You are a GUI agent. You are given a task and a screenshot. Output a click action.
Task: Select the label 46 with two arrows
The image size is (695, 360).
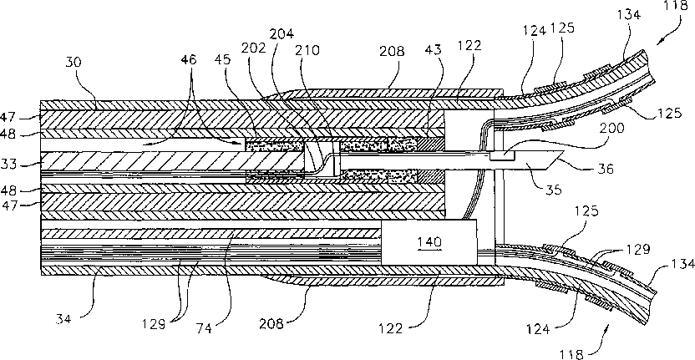(191, 59)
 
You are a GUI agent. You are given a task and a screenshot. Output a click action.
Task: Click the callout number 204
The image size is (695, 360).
(285, 35)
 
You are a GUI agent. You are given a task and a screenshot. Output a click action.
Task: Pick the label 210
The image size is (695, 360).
(310, 49)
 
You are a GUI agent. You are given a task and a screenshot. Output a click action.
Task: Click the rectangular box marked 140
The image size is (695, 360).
(429, 242)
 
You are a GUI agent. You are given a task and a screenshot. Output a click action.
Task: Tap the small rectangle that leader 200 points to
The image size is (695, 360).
(502, 155)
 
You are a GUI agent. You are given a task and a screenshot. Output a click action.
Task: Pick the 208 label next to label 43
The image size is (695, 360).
(392, 52)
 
